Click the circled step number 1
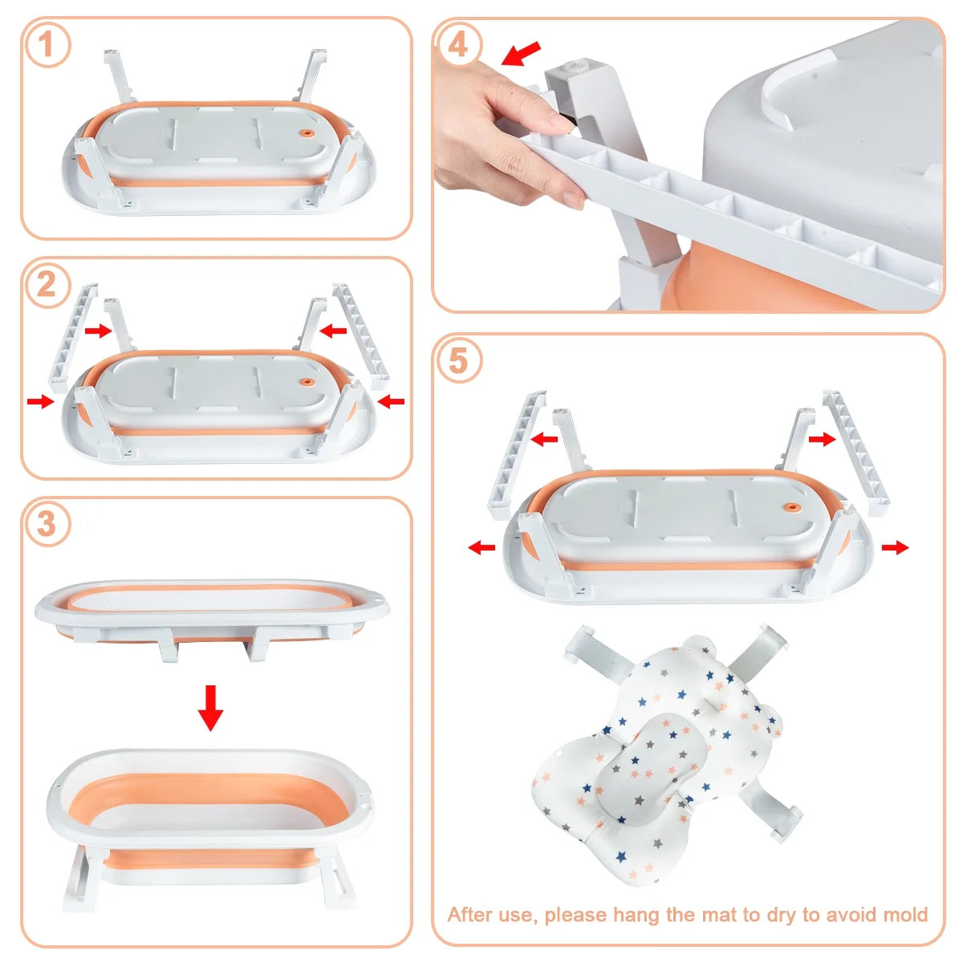click(x=47, y=44)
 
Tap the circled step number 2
click(x=47, y=286)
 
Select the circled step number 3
click(x=47, y=524)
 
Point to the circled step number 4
click(x=457, y=45)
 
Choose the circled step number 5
click(x=457, y=361)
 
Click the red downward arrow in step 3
click(x=210, y=708)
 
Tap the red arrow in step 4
click(x=521, y=54)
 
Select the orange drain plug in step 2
click(x=305, y=382)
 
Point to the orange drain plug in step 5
click(x=791, y=506)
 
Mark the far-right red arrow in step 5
click(x=895, y=547)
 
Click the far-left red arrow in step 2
click(x=41, y=400)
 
